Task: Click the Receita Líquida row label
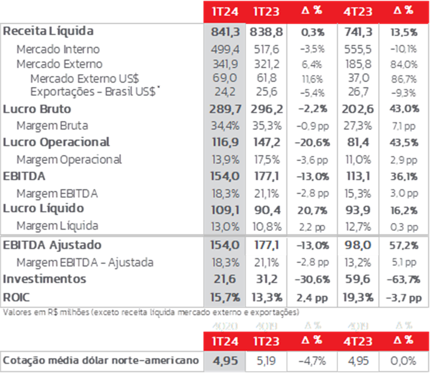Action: [x=48, y=31]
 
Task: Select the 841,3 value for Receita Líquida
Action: [x=225, y=32]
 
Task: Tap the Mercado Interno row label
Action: [x=58, y=49]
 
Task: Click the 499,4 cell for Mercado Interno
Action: [x=225, y=49]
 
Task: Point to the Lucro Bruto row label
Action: [x=37, y=109]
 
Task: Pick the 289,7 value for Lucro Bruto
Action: [x=225, y=109]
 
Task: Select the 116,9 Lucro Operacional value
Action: [x=225, y=142]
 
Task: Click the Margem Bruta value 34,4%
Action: [x=225, y=126]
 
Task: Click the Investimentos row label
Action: [x=44, y=279]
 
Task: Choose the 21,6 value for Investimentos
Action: [x=225, y=279]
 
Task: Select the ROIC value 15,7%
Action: [x=225, y=297]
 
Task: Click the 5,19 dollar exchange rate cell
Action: [x=266, y=360]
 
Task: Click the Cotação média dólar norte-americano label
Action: [x=101, y=360]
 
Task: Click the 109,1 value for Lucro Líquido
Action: [x=225, y=208]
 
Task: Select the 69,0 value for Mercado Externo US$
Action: [x=225, y=78]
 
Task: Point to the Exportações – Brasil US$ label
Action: [x=96, y=92]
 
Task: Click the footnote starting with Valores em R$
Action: [x=151, y=312]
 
